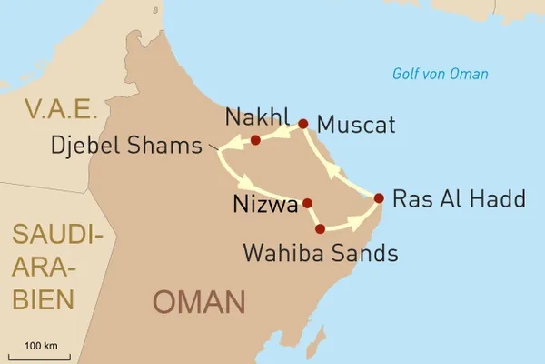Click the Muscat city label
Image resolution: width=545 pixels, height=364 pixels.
[357, 125]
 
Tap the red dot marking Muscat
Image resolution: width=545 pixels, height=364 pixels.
[302, 124]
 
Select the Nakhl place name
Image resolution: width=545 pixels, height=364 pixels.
[256, 116]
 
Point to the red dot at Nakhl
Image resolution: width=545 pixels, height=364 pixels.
[255, 140]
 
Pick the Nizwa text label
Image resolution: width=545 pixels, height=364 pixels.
[266, 205]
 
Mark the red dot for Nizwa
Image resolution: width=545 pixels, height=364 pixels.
[307, 203]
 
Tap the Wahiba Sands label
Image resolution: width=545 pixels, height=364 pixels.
[320, 253]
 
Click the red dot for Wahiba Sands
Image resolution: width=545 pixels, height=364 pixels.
[320, 227]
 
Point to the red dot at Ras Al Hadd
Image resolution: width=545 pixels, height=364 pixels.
[379, 197]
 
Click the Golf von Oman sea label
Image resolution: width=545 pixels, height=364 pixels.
[440, 75]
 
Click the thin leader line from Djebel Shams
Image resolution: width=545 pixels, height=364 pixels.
[217, 147]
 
